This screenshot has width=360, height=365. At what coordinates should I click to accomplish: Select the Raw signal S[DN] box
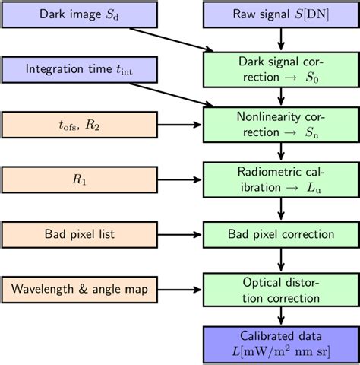(281, 14)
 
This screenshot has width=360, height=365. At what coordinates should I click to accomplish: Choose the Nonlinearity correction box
(281, 124)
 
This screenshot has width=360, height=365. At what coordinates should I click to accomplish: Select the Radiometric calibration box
(281, 179)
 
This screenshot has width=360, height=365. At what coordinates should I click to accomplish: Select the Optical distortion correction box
(281, 289)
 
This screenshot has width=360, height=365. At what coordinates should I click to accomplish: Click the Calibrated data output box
(281, 344)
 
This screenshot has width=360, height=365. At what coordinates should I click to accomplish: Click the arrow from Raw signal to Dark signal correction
(281, 36)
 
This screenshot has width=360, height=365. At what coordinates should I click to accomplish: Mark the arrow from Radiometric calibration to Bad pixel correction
(281, 208)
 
